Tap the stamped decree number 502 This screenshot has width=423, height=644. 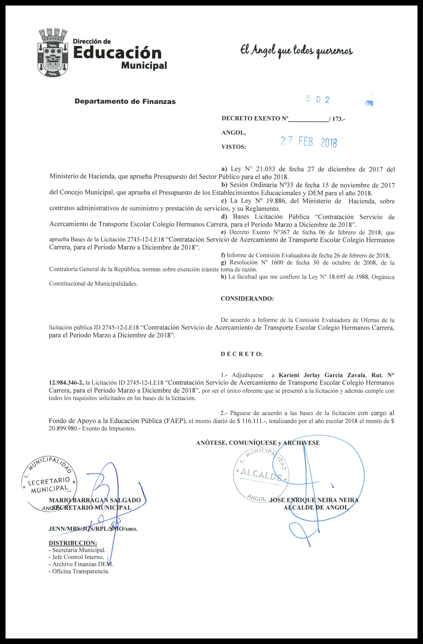318,100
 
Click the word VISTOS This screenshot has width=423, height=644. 234,147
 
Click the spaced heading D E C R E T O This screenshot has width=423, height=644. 242,354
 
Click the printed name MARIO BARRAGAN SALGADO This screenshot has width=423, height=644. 95,500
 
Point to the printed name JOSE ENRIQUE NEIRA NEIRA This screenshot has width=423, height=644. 314,500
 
